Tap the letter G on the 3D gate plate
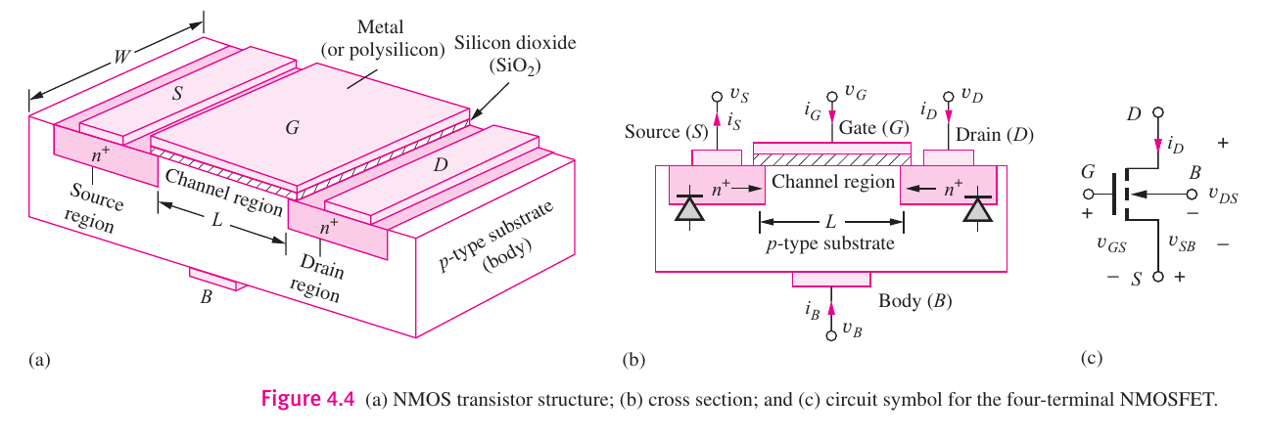pyautogui.click(x=291, y=126)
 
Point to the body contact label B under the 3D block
pyautogui.click(x=206, y=296)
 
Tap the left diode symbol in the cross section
pyautogui.click(x=691, y=208)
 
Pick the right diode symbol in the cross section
pyautogui.click(x=974, y=208)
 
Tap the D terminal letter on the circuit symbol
pyautogui.click(x=1134, y=114)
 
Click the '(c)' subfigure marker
pyautogui.click(x=1092, y=359)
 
